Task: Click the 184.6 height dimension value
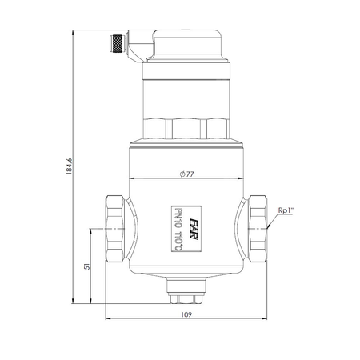(69, 166)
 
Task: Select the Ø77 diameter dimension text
(186, 174)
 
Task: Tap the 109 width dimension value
(186, 314)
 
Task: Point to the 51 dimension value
(87, 266)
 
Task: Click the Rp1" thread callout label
(286, 210)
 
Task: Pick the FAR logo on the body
(194, 229)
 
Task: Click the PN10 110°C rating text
(178, 229)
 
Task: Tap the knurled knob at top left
(117, 43)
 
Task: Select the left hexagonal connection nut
(115, 229)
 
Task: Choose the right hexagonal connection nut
(258, 229)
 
